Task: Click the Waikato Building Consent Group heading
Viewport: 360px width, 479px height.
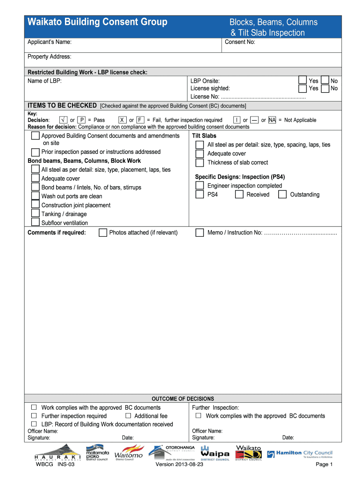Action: coord(97,22)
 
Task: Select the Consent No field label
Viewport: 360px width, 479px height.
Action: coord(240,42)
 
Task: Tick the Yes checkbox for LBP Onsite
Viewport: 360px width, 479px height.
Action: coord(302,80)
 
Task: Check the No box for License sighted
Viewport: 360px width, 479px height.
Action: coord(325,88)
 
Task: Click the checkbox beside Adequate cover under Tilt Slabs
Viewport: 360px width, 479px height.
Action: coord(200,153)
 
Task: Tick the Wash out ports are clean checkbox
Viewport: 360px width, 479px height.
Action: coord(35,196)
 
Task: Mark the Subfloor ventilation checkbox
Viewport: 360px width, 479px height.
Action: coord(35,223)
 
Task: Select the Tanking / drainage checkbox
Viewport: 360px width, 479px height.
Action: coord(35,214)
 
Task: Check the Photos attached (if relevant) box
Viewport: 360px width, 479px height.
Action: coord(103,232)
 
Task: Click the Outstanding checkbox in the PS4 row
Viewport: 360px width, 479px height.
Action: coord(282,195)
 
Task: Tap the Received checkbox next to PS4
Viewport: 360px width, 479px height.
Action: coord(239,195)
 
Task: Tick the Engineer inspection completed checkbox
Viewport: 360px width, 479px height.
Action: coord(200,186)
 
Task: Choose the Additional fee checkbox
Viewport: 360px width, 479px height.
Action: coord(128,415)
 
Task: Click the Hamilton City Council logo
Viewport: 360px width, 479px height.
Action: coord(300,454)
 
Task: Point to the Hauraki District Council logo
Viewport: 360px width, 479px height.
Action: coord(58,453)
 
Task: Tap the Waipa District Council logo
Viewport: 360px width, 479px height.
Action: coord(215,453)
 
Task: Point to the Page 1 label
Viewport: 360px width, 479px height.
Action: coord(324,464)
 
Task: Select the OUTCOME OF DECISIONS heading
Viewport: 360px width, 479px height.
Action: coord(183,399)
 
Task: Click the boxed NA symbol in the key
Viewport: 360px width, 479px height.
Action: coord(272,120)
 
